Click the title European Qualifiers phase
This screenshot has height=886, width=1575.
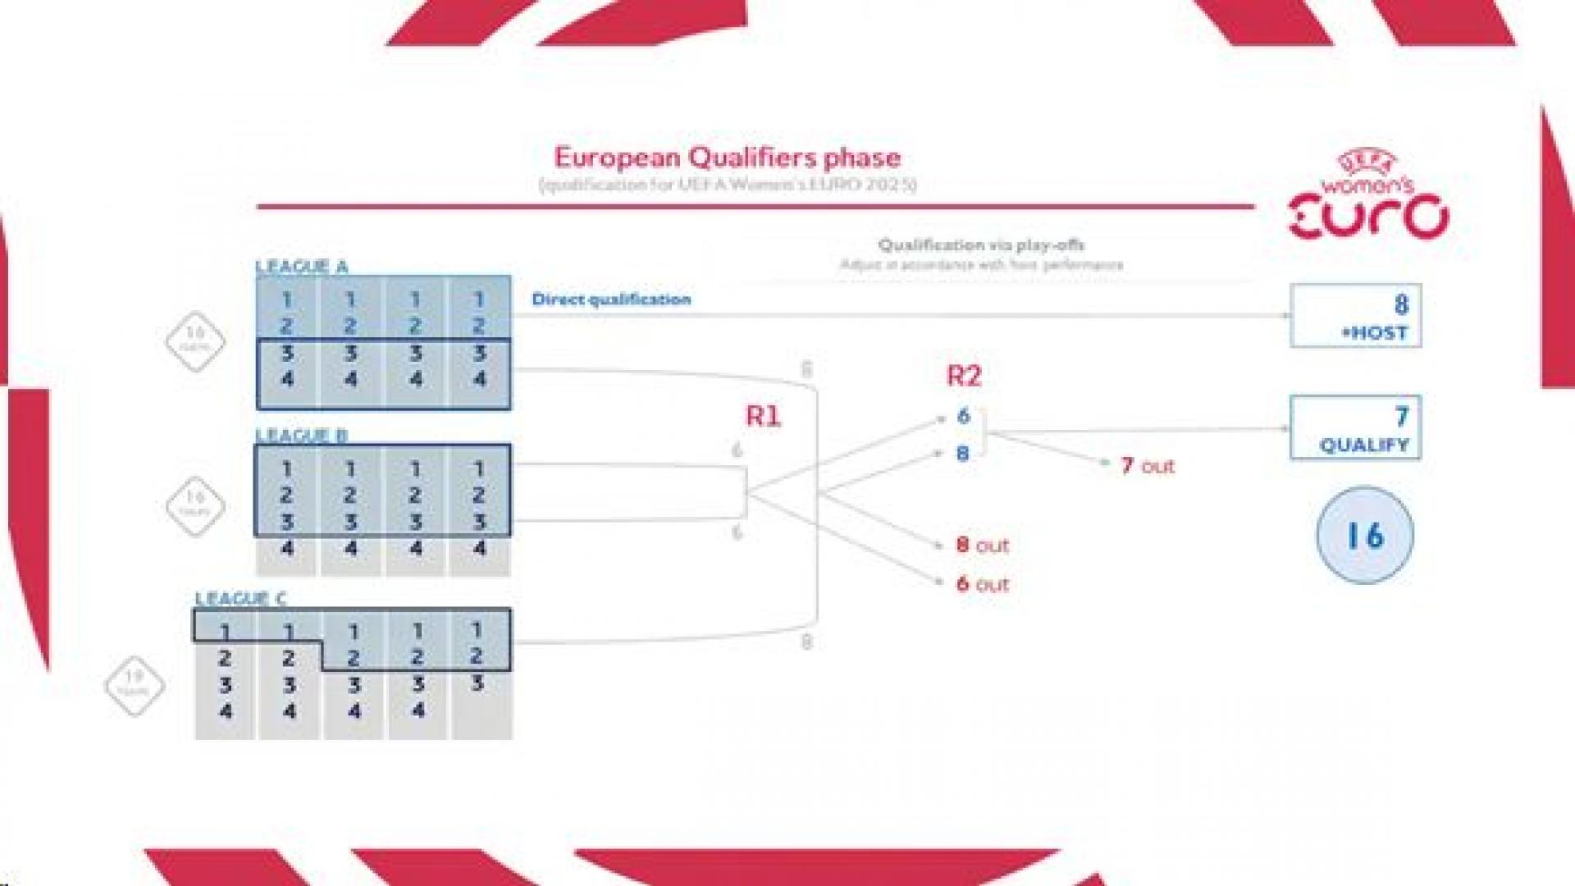tap(727, 158)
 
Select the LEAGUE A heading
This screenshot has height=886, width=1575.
tap(301, 267)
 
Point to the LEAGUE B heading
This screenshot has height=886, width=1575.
tap(301, 435)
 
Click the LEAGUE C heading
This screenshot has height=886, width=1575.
tap(240, 598)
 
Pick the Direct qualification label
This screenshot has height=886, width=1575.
tap(611, 299)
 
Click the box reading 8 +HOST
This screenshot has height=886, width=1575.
tap(1355, 316)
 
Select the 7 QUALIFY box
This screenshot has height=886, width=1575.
tap(1355, 427)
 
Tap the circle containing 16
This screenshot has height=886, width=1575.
tap(1365, 536)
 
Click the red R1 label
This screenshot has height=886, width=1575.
tap(763, 417)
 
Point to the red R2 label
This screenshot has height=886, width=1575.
tap(964, 376)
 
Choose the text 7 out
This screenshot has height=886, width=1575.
tap(1147, 466)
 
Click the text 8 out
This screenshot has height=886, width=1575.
tap(982, 545)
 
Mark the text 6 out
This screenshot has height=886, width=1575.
tap(982, 584)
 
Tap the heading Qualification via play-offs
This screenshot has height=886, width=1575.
tap(981, 244)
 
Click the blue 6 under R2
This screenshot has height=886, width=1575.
tap(964, 416)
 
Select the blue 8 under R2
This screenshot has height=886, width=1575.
tap(963, 454)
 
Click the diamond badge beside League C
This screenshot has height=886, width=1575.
tap(135, 685)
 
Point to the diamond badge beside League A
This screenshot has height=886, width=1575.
tap(195, 340)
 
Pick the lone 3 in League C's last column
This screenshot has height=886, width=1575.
tap(478, 683)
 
